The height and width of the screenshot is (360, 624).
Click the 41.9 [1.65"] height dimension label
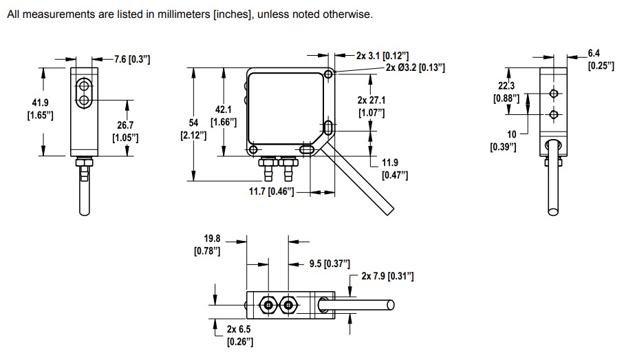[x=40, y=109]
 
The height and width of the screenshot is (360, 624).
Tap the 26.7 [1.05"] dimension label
[x=125, y=132]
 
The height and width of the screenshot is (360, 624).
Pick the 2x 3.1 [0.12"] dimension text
[x=383, y=54]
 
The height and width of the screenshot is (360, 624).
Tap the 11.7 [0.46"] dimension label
[x=271, y=191]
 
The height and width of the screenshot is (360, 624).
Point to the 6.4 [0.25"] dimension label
[x=601, y=59]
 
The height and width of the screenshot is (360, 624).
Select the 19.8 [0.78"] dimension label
[x=207, y=245]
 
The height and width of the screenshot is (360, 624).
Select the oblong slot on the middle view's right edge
[x=328, y=127]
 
